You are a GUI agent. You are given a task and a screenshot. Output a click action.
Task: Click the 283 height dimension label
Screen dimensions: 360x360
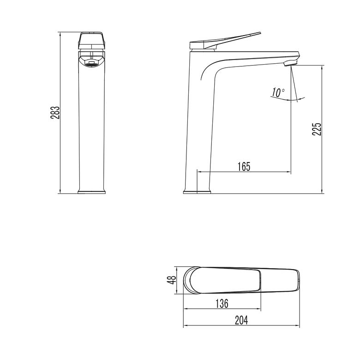55,113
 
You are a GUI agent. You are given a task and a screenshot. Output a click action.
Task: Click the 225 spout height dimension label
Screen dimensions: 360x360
317,129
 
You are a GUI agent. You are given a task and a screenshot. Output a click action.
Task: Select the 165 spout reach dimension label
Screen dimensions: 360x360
244,167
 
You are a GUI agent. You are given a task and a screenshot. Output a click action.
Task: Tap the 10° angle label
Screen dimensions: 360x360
278,92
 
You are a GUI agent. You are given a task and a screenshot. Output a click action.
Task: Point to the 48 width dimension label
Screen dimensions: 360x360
172,280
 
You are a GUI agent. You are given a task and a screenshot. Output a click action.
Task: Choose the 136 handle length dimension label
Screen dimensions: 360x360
222,303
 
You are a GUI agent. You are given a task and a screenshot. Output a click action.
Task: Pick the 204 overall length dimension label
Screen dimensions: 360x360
241,320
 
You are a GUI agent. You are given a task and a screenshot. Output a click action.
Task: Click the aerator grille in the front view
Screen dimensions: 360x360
91,64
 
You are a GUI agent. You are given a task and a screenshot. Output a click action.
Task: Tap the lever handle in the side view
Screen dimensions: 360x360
225,41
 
